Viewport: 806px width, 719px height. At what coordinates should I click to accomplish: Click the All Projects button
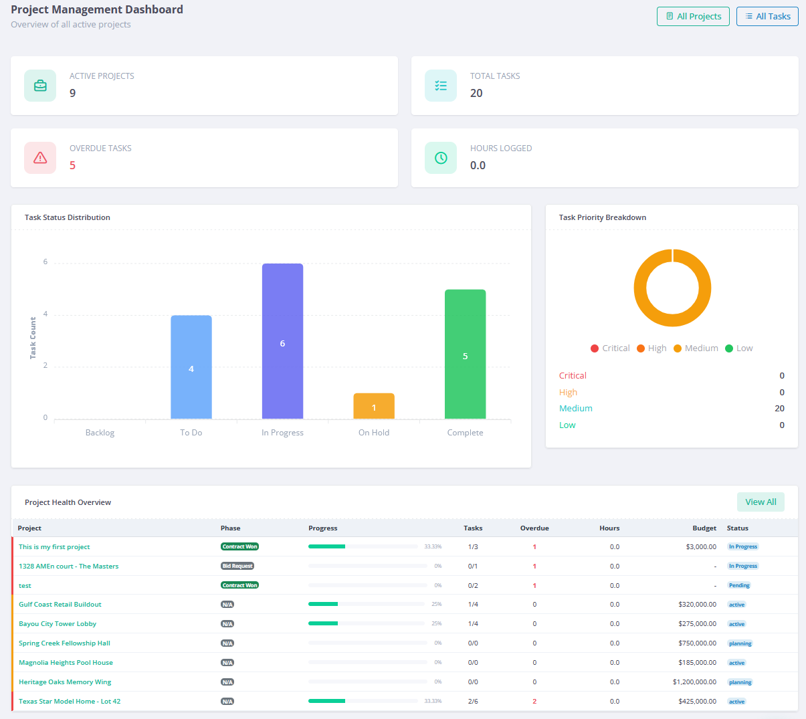click(x=693, y=16)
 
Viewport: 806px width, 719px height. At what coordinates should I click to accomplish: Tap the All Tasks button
click(x=767, y=16)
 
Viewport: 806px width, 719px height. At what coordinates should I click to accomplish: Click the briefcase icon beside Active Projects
click(x=40, y=86)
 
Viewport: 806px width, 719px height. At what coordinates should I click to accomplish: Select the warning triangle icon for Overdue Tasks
click(x=40, y=158)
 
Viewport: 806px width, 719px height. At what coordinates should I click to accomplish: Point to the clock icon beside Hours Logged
click(x=441, y=158)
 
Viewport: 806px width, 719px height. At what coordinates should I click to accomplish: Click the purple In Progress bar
click(x=282, y=341)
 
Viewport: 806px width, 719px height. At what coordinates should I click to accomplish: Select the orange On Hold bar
click(x=374, y=406)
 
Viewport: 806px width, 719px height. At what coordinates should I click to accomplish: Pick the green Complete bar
click(x=465, y=354)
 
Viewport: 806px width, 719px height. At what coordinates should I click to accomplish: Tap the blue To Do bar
click(x=191, y=367)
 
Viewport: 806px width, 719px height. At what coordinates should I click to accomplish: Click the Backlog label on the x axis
click(x=100, y=433)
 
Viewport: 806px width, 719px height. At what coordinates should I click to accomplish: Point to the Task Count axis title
click(x=33, y=338)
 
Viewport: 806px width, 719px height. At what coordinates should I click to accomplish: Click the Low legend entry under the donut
click(x=739, y=348)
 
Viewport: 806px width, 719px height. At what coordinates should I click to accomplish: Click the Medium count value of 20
click(x=779, y=409)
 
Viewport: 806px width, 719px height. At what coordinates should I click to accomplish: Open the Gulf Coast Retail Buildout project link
click(x=60, y=605)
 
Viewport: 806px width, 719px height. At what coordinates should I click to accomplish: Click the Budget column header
click(x=704, y=528)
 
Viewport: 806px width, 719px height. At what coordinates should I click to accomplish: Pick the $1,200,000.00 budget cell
click(x=694, y=682)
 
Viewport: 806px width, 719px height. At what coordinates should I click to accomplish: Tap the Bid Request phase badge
click(x=237, y=566)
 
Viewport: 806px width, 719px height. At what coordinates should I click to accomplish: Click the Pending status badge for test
click(x=739, y=585)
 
